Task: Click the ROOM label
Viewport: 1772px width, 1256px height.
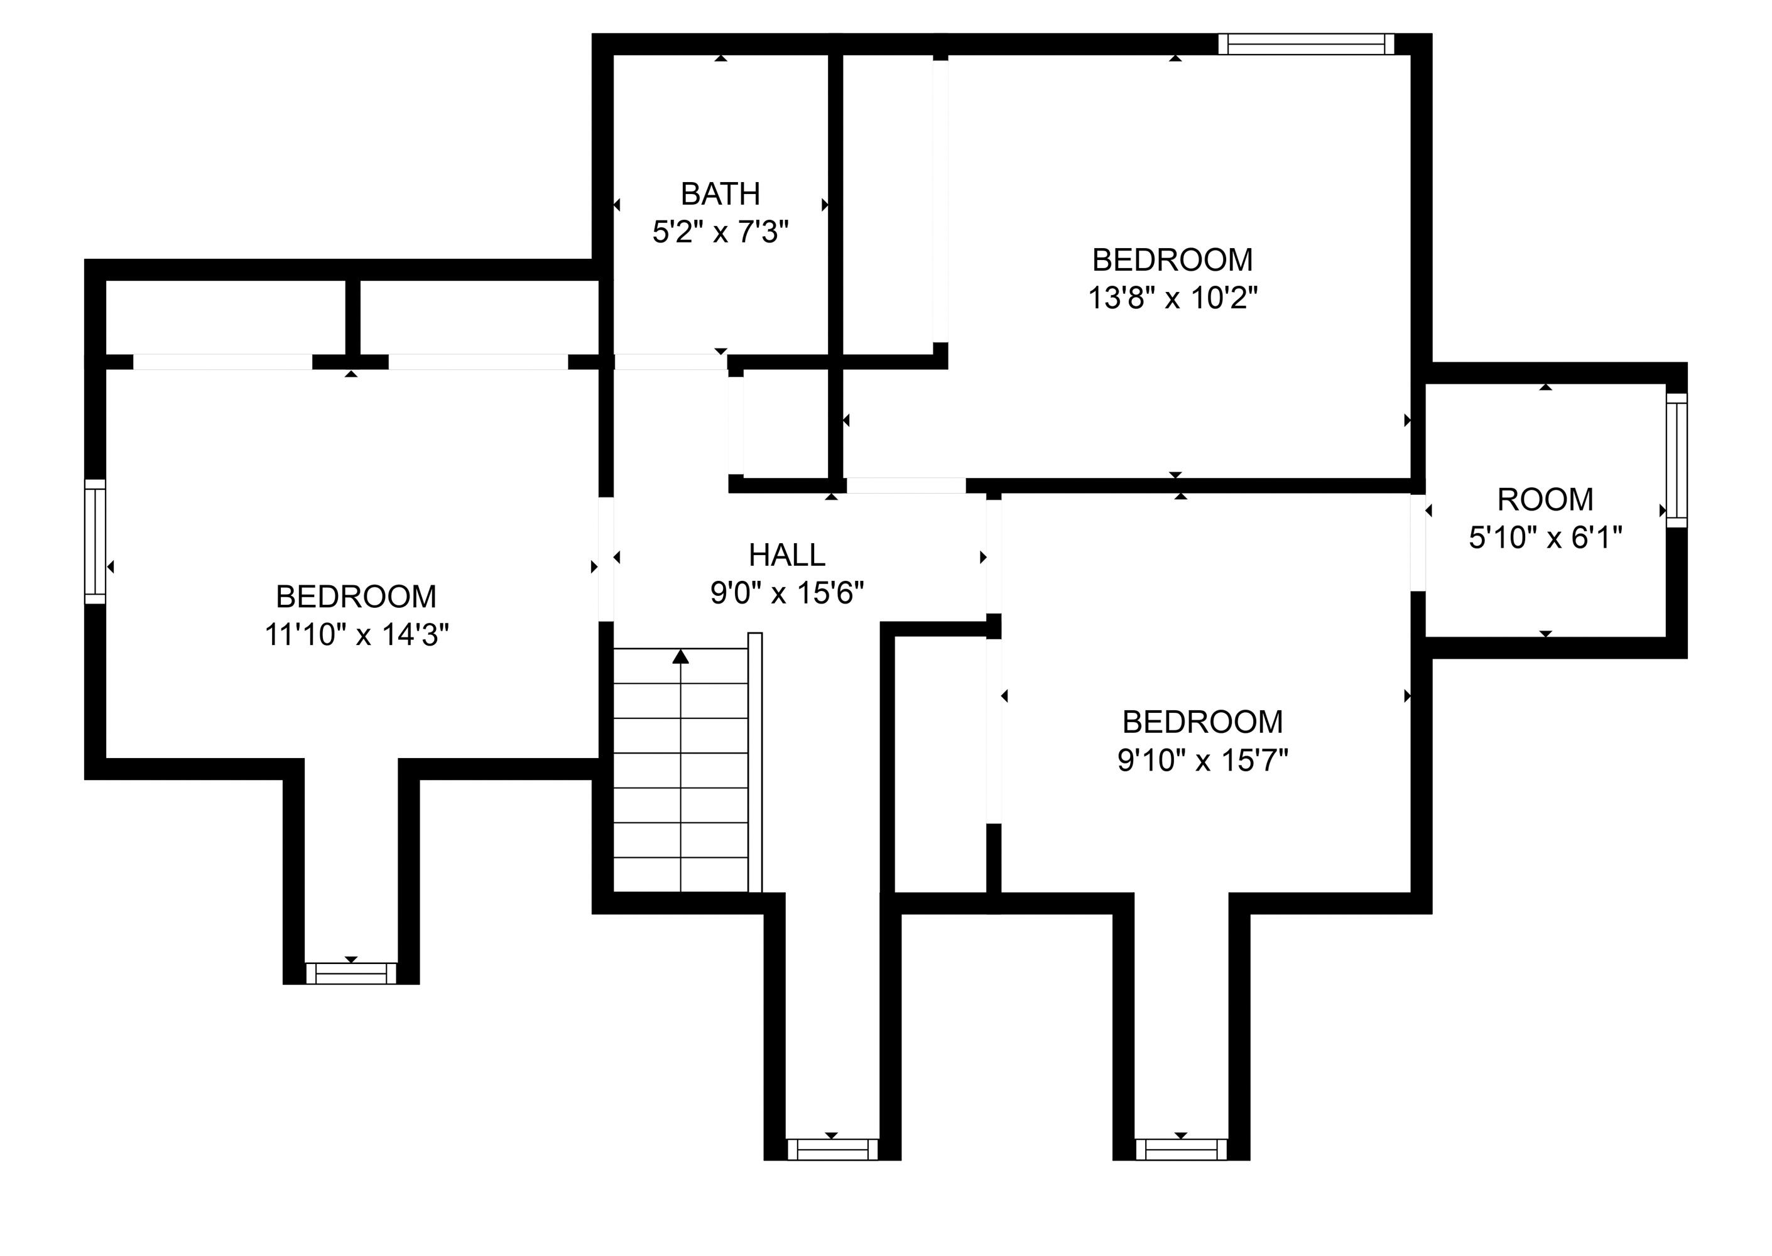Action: [x=1545, y=500]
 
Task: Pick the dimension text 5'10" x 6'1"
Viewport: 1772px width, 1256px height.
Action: [x=1545, y=538]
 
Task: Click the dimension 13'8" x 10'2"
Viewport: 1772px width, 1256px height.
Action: [x=1173, y=298]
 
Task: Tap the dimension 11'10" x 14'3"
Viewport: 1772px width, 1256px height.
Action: [x=357, y=635]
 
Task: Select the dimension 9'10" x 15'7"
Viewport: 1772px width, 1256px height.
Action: [x=1203, y=761]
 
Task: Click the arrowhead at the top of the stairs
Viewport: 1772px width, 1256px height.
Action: [x=681, y=657]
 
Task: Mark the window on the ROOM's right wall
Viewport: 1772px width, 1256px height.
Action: [x=1675, y=460]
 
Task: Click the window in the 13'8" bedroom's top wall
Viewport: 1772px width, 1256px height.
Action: [x=1306, y=44]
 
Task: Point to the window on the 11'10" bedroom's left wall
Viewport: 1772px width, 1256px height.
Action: [x=94, y=541]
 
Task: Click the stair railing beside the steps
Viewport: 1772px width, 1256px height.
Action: [x=755, y=762]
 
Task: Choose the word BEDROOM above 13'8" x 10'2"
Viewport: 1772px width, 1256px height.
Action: [x=1173, y=260]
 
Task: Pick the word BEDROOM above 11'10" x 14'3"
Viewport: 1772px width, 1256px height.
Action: [x=357, y=597]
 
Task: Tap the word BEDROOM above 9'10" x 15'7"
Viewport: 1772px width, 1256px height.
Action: [x=1203, y=722]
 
